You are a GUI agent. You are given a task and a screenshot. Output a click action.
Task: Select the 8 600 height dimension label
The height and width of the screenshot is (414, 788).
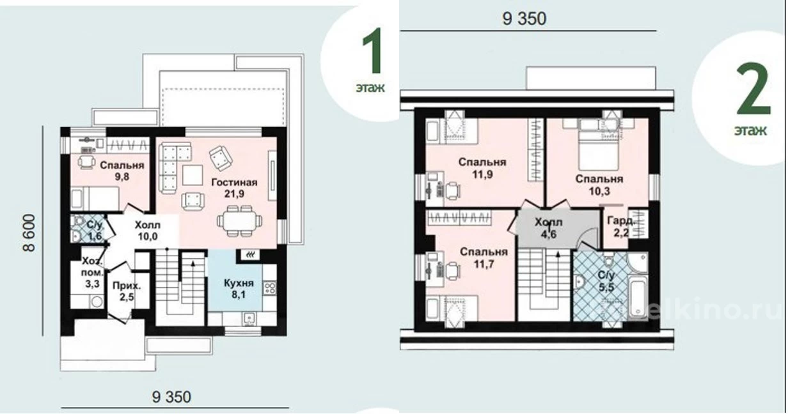tap(29, 233)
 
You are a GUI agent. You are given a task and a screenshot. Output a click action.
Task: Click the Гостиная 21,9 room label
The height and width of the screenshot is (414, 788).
tap(234, 188)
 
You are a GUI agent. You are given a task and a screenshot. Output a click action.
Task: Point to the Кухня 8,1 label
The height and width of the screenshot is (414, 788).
tap(239, 289)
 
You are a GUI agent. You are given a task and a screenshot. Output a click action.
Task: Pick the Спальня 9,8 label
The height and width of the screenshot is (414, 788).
tap(122, 171)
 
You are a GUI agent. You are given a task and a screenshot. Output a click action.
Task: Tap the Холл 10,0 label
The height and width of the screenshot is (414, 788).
tap(148, 231)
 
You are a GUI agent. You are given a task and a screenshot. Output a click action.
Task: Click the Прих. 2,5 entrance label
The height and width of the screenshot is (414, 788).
tap(127, 291)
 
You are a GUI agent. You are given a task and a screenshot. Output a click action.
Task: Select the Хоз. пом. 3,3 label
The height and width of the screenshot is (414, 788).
tap(93, 272)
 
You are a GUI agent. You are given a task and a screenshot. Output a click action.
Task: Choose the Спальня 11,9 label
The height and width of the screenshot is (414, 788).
tap(482, 168)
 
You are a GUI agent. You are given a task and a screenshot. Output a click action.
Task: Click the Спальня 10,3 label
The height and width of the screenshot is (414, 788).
tap(599, 185)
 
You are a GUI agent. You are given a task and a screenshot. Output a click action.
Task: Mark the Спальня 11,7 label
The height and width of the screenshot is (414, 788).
tap(484, 257)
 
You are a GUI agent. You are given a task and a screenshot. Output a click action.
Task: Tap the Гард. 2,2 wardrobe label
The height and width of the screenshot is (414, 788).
tap(621, 226)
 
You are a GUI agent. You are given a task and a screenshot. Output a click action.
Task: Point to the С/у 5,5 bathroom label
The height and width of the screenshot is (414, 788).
tap(606, 281)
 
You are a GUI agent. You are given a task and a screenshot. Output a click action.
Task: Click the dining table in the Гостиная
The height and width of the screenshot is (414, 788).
tap(239, 221)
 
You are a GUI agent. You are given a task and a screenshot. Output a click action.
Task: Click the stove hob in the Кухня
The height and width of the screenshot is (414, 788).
tap(269, 288)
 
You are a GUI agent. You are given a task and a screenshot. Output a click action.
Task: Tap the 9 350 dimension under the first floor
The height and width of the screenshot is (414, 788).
tap(171, 397)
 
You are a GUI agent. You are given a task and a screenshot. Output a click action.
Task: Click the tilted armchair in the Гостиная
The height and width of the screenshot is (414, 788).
tap(221, 158)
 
